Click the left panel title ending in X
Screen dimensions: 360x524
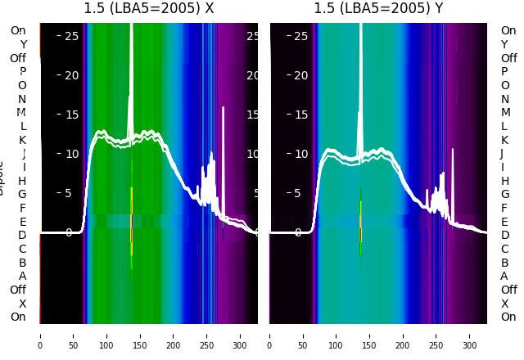148,9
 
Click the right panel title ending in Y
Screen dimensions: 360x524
378,9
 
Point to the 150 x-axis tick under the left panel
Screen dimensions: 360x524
140,335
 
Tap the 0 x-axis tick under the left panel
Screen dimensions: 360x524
39,335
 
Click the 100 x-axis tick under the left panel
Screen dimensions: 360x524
106,335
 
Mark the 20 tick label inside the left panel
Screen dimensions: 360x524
71,75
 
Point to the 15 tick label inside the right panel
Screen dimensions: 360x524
300,115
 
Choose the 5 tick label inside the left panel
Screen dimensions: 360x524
69,193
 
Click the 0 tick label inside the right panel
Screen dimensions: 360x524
298,232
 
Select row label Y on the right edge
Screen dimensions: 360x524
504,44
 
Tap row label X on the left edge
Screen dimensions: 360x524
23,304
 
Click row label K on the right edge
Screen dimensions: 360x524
504,140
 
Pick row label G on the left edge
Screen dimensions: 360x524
23,194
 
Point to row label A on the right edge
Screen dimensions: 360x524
504,276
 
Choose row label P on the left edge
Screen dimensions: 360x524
23,71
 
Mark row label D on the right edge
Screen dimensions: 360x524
504,235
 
